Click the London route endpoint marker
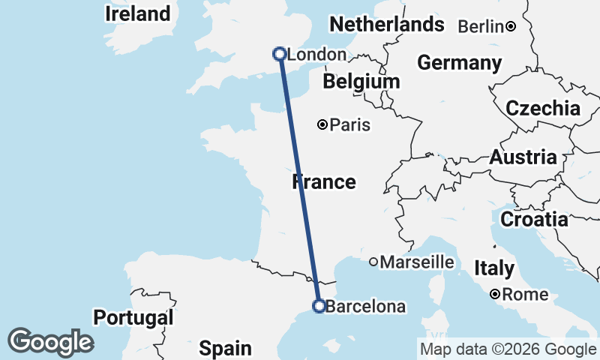[x=280, y=54]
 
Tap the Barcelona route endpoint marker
[x=319, y=306]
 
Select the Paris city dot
[x=322, y=124]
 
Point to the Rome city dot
[x=496, y=295]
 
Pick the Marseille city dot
[x=373, y=262]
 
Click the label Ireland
[x=137, y=13]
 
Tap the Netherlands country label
[x=387, y=25]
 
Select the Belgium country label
[x=361, y=81]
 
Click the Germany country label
[x=460, y=63]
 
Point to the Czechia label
[x=543, y=108]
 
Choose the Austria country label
[x=523, y=157]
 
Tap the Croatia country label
[x=534, y=220]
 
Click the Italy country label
[x=494, y=268]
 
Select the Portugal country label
[x=134, y=317]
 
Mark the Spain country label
[x=225, y=348]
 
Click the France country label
[x=324, y=182]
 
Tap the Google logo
[x=50, y=342]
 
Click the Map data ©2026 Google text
[x=508, y=349]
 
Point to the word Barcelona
[x=367, y=307]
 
